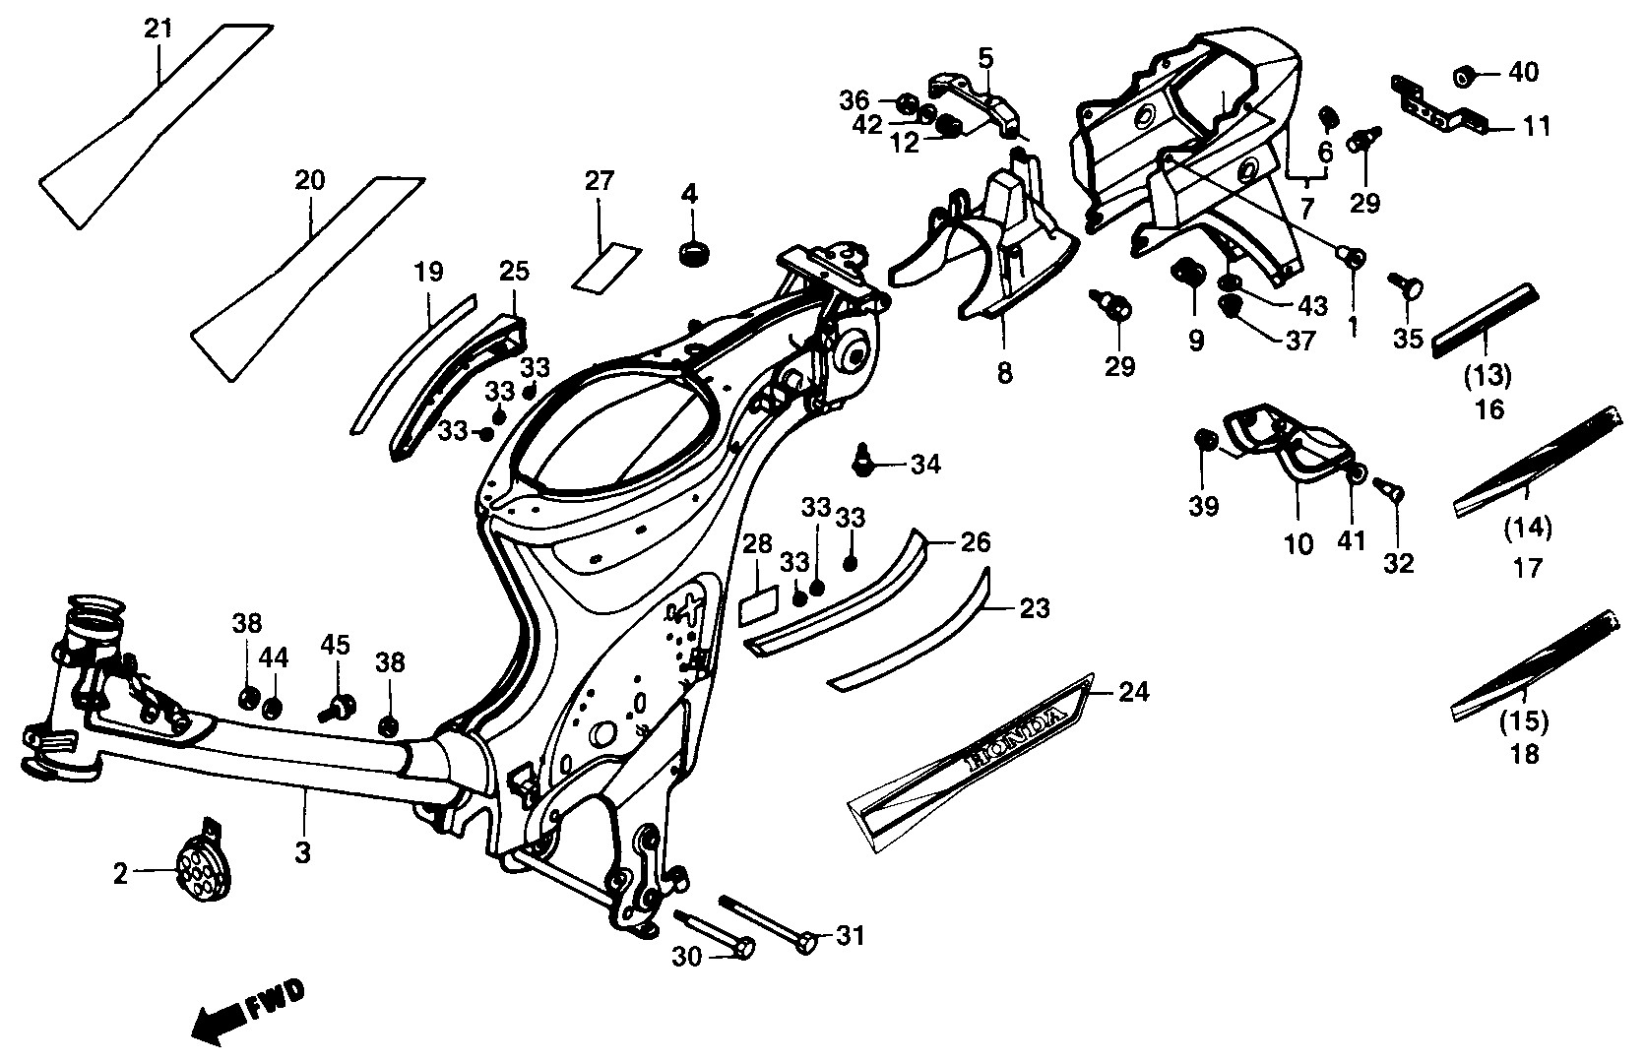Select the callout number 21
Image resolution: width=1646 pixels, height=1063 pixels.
tap(158, 29)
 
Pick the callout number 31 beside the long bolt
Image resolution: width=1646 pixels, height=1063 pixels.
tap(849, 935)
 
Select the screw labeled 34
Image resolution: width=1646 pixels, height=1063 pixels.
tap(864, 459)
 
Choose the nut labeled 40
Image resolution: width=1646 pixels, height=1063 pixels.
tap(1465, 75)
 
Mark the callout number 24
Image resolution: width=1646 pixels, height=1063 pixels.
tap(1133, 694)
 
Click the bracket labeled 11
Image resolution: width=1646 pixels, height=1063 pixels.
tap(1435, 106)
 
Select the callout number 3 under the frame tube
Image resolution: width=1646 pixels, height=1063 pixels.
tap(303, 853)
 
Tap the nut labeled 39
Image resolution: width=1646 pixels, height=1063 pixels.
tap(1202, 440)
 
